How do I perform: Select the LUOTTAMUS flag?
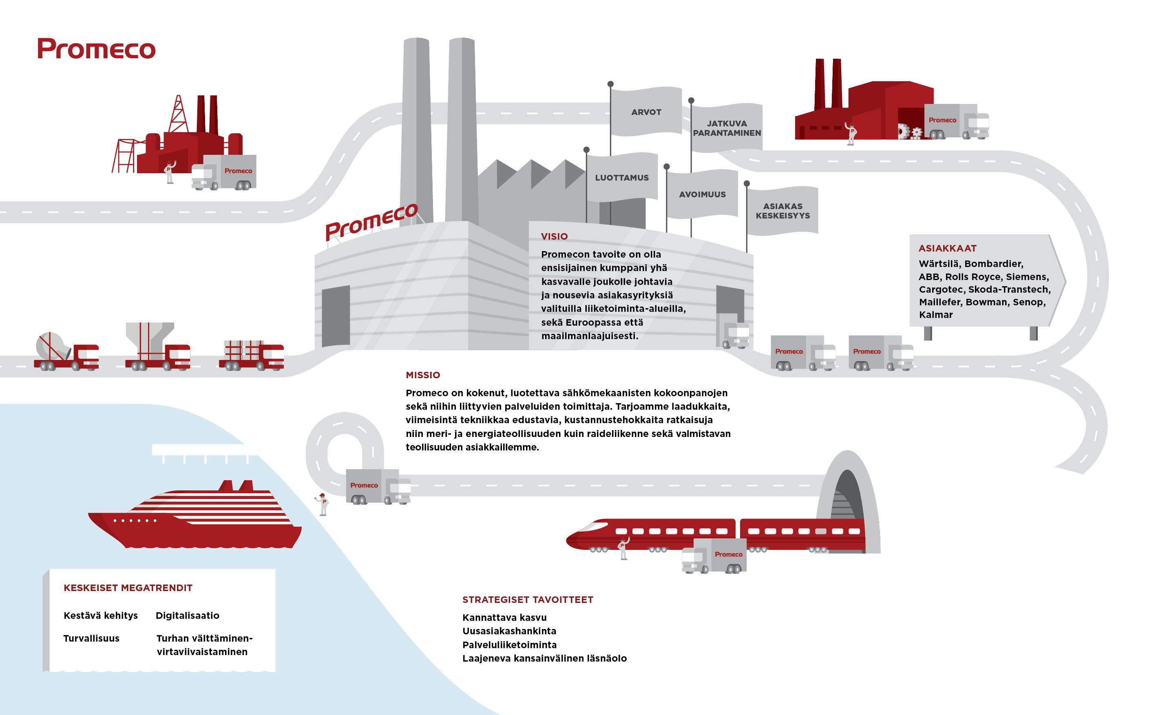pos(621,177)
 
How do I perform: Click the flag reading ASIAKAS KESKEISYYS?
pos(782,211)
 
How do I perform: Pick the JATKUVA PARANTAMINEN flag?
pos(727,128)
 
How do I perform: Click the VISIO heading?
pos(555,236)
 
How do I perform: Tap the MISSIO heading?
pos(423,375)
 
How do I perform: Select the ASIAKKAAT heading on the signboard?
pos(947,248)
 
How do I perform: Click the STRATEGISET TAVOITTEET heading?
pos(527,600)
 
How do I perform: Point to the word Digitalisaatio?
pos(187,615)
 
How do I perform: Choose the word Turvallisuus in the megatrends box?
pos(91,638)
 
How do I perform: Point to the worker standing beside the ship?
pos(323,504)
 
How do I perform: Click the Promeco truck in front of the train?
pos(714,556)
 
